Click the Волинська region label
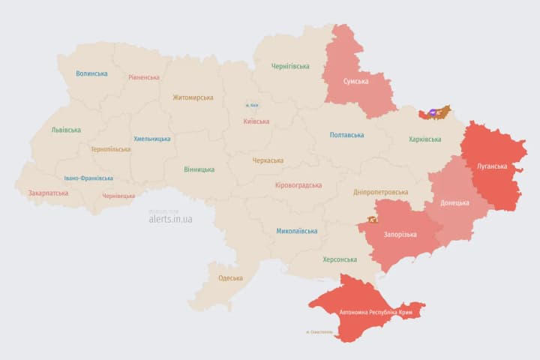pos(91,73)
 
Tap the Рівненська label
pos(144,77)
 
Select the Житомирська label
pos(193,97)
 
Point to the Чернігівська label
pos(290,66)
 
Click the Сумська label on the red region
pos(355,82)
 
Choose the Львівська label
pos(66,130)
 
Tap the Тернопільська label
pos(110,149)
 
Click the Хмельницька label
pos(152,139)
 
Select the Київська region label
pos(256,121)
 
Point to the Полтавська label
pos(346,135)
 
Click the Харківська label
pos(425,139)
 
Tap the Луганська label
pos(492,165)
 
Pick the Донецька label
pos(454,202)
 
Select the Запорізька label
pos(400,235)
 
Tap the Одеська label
pos(230,278)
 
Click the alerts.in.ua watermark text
pos(170,219)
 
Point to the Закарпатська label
pos(49,193)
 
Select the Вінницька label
pos(199,169)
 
